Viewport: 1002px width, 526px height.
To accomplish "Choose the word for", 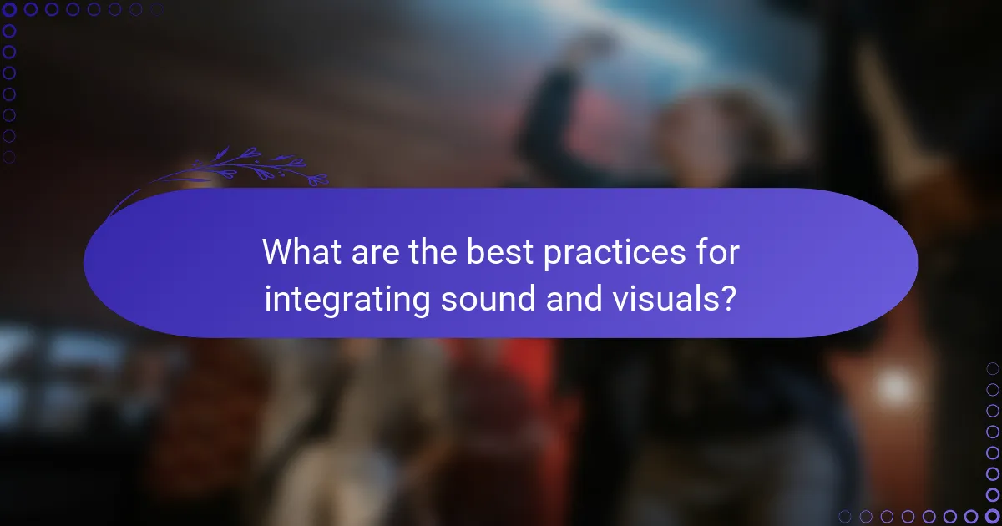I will pyautogui.click(x=717, y=253).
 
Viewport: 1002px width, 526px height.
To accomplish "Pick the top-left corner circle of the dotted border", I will pyautogui.click(x=10, y=9).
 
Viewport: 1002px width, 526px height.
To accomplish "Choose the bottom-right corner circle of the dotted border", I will pyautogui.click(x=993, y=516).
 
